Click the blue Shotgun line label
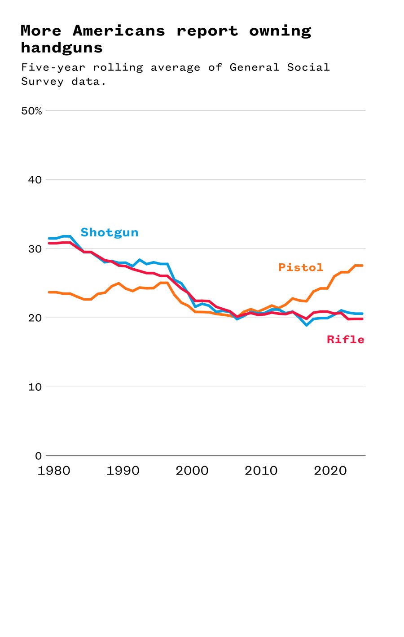(x=109, y=232)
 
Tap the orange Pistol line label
(x=301, y=267)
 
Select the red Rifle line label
(x=345, y=340)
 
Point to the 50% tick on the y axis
(x=31, y=111)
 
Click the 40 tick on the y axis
(x=35, y=180)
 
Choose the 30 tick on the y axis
(x=35, y=249)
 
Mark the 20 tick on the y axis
(x=35, y=318)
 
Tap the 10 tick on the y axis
(x=35, y=387)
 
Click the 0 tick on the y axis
(x=38, y=456)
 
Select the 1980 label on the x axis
(x=54, y=471)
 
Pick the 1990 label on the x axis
(x=123, y=471)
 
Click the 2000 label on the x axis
(x=192, y=471)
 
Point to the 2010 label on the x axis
(x=261, y=471)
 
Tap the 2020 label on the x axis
(x=330, y=471)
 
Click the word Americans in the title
(x=119, y=31)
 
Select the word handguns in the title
(x=61, y=48)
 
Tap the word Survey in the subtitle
(x=42, y=82)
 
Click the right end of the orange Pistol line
(x=362, y=266)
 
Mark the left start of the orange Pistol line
(x=49, y=292)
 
